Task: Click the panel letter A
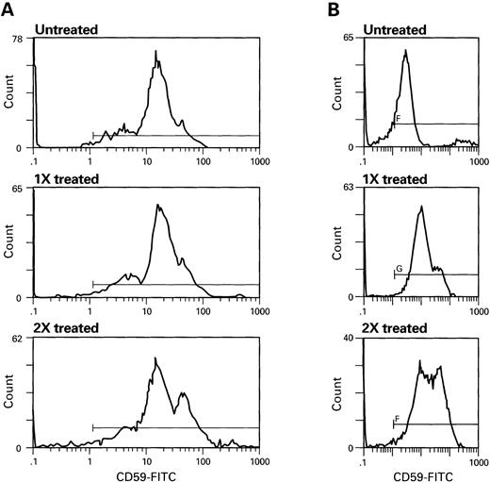8,8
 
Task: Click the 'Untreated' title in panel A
65,29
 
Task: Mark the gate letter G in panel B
400,269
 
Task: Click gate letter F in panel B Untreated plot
399,119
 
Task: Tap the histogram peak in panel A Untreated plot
154,54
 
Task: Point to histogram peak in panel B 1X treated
422,207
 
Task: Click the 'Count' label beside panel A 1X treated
9,246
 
